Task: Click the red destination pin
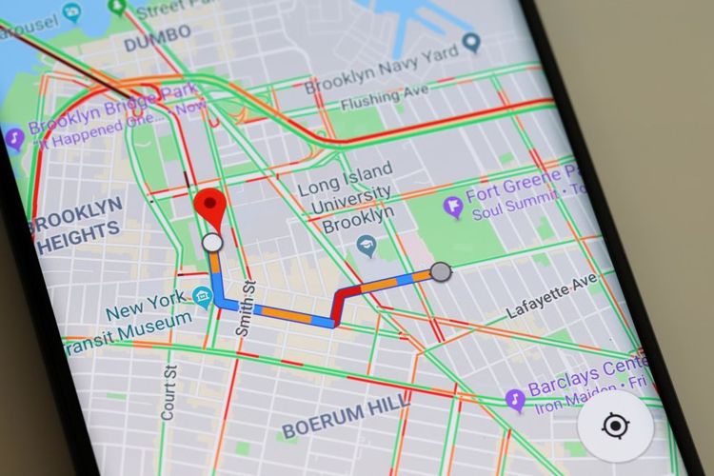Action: coord(211,208)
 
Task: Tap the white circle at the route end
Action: coord(212,244)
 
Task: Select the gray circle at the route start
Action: coord(440,273)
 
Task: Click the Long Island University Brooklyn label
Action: coord(345,198)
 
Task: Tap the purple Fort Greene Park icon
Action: coord(454,205)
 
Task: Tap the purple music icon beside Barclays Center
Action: coord(515,398)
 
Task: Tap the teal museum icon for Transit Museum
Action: coord(201,298)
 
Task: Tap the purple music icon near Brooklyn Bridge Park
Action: coord(14,140)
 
